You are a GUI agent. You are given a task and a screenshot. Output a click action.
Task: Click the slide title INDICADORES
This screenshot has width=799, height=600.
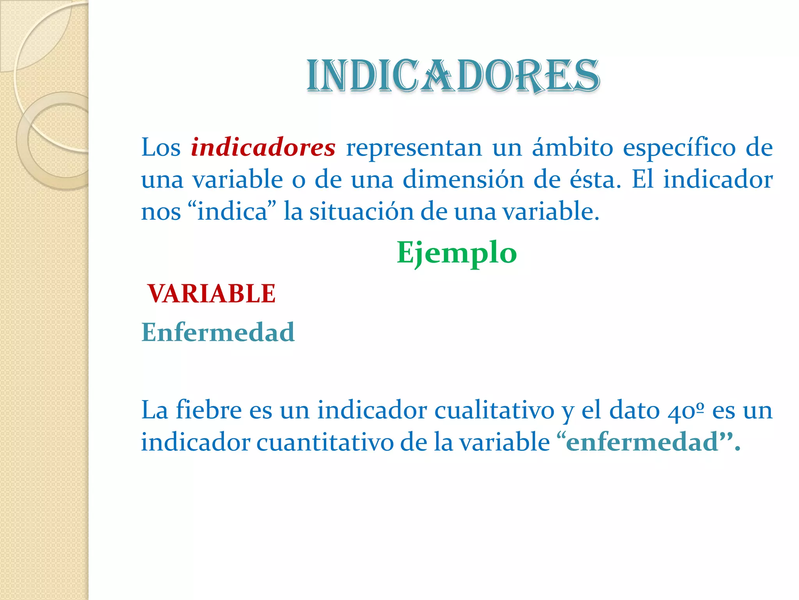point(453,76)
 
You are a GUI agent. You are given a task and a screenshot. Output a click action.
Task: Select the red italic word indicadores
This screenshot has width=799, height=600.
point(263,148)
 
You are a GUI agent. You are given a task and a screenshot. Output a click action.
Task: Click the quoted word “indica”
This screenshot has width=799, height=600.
point(232,212)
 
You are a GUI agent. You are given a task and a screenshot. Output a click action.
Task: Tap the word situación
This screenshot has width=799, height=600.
point(361,212)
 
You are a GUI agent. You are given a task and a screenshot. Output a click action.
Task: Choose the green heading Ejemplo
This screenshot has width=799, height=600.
point(456,253)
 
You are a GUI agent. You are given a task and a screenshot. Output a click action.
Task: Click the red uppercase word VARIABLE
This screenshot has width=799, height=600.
point(212,294)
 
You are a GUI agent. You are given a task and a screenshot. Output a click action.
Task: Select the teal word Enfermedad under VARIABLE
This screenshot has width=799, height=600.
point(218,332)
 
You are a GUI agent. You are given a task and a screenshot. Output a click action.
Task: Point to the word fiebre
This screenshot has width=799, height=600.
point(209,410)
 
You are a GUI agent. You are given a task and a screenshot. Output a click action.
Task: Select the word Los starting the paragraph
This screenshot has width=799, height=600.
point(161,148)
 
